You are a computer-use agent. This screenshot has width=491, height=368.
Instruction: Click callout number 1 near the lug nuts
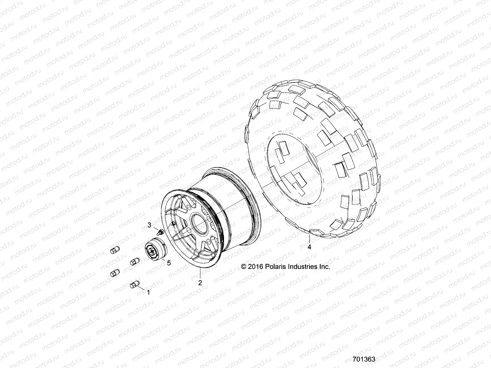pos(149,293)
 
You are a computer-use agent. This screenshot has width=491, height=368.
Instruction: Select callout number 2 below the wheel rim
pos(200,283)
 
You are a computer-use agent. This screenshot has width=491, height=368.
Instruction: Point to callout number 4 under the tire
pos(309,247)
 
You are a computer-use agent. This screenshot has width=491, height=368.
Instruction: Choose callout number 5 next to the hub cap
pos(169,263)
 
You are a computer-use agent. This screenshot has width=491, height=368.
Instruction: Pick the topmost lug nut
pos(114,250)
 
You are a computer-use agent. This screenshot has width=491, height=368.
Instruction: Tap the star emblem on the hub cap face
pos(152,252)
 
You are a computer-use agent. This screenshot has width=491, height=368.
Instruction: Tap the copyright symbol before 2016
pos(244,267)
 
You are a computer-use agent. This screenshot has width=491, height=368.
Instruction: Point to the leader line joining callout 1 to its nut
pos(142,289)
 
